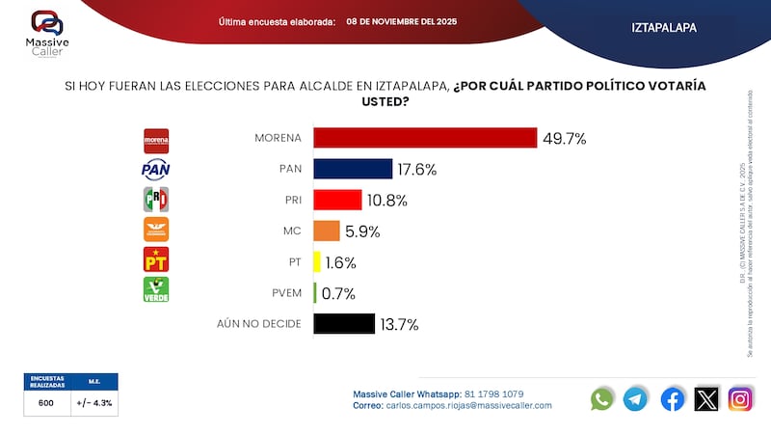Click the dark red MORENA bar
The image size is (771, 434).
(425, 138)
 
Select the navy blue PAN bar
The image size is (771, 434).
(353, 169)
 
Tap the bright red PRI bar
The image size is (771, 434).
(337, 200)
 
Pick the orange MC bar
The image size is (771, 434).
(326, 231)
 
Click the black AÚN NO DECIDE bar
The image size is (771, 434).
(344, 324)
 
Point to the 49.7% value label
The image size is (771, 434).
(564, 138)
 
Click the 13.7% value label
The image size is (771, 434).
(399, 324)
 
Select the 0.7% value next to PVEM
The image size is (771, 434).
(337, 293)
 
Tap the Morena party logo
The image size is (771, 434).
(156, 140)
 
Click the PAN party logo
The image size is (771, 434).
(156, 170)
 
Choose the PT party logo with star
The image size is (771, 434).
(156, 260)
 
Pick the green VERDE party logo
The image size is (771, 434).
(156, 290)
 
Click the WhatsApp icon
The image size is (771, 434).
(602, 398)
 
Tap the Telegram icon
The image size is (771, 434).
(636, 398)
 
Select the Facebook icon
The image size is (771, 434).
(672, 398)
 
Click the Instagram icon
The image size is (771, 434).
(740, 398)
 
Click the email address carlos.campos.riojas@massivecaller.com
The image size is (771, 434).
(469, 405)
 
